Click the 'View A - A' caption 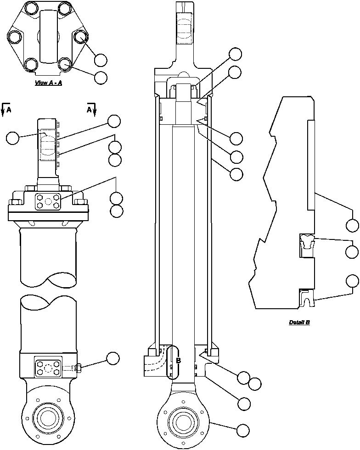coord(48,83)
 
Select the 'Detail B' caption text coord(299,322)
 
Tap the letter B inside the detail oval coord(178,361)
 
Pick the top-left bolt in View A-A coord(31,8)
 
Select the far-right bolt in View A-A coord(81,37)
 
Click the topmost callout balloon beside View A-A coord(101,60)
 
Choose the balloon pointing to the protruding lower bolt coord(113,358)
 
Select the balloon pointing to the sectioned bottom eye coord(243,431)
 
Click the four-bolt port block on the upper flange coord(47,201)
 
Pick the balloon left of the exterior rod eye coord(13,138)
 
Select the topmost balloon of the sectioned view coord(236,54)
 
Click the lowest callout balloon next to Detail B coord(352,281)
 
